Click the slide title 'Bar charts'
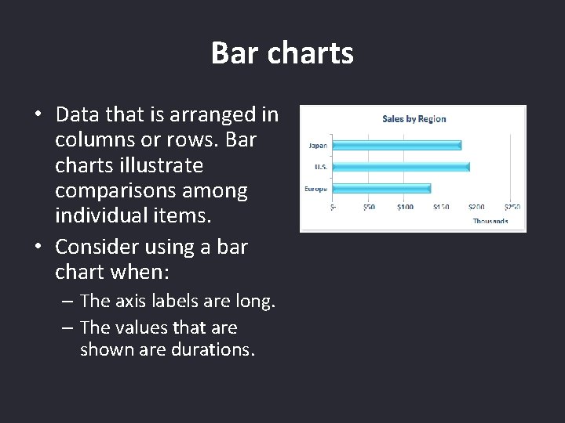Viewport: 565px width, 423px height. click(282, 53)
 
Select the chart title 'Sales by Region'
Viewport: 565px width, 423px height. click(414, 119)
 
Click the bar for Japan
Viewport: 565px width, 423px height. click(396, 145)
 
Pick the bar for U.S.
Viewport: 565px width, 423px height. click(400, 166)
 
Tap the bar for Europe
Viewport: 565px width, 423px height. click(381, 188)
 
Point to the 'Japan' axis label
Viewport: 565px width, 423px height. click(318, 145)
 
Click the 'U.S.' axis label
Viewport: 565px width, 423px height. click(320, 167)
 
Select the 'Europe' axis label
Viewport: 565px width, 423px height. click(316, 189)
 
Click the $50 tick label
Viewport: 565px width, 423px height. click(369, 207)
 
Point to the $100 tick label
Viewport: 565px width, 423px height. click(405, 207)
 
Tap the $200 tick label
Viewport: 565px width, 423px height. click(476, 207)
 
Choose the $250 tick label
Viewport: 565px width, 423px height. click(512, 207)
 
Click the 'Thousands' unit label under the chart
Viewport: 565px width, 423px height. click(490, 221)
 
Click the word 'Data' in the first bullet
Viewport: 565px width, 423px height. click(78, 114)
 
